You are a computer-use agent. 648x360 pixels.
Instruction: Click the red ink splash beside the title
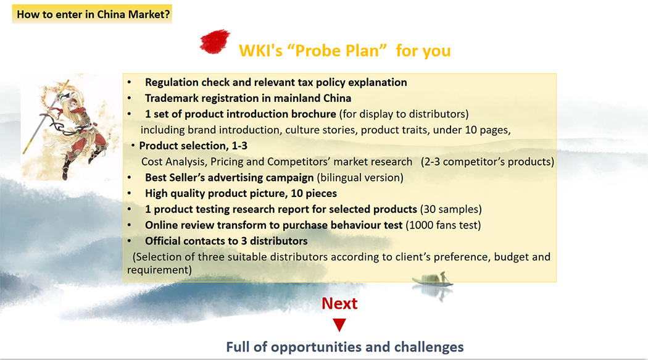215,41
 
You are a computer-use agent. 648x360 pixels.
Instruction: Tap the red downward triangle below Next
339,325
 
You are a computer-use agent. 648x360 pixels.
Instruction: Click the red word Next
339,303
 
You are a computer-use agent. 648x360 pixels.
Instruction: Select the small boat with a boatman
433,280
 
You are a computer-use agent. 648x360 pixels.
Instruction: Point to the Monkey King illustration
66,128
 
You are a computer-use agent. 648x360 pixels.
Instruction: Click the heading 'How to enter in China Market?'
93,14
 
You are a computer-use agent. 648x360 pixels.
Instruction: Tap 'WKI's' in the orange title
261,51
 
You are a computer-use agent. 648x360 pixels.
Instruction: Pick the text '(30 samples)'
451,209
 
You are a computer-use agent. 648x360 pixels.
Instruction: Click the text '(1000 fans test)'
443,225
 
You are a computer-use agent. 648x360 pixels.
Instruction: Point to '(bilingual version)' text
360,178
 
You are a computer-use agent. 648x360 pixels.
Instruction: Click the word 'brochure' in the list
314,114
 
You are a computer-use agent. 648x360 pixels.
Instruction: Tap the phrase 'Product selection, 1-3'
193,146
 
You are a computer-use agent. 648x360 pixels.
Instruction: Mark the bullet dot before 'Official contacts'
130,241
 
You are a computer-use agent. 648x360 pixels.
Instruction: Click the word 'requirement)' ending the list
159,270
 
